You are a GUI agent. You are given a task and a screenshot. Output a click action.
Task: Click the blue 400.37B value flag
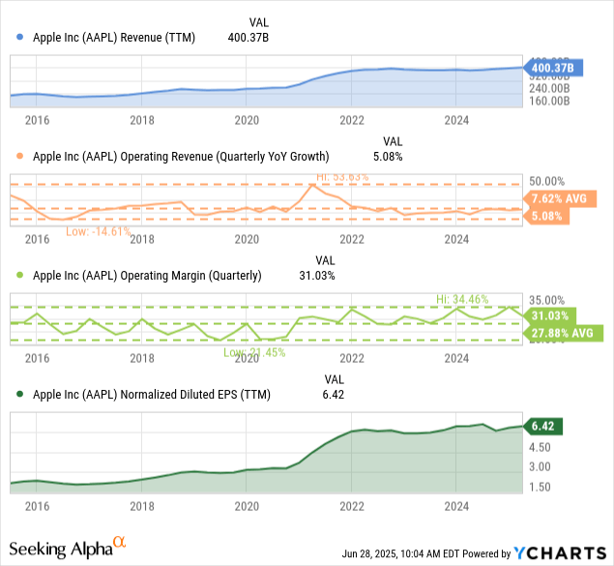point(549,68)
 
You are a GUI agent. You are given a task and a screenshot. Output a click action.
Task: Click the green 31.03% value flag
point(552,315)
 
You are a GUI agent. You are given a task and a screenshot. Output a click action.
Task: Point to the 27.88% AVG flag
point(565,334)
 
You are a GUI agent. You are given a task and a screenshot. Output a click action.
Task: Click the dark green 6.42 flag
point(541,425)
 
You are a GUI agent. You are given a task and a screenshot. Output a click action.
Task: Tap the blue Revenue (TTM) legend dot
point(20,38)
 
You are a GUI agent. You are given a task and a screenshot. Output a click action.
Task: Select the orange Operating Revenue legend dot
point(20,157)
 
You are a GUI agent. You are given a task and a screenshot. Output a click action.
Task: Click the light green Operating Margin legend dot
point(20,276)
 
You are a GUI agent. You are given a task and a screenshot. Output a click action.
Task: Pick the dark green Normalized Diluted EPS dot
point(20,395)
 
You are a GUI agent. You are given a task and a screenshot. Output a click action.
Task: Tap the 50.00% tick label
point(547,182)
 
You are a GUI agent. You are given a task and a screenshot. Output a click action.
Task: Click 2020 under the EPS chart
point(247,504)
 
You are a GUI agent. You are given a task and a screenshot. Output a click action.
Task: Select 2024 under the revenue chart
point(456,120)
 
